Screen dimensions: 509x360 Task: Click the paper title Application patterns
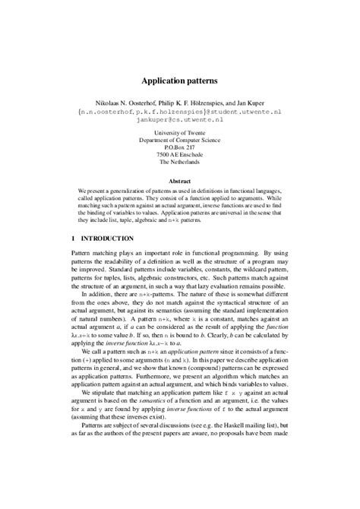pos(180,79)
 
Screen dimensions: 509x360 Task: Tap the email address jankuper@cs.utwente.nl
pos(180,120)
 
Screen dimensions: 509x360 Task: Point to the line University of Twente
pos(180,134)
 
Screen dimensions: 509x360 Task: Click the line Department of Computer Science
pos(180,141)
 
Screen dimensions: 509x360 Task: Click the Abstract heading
pos(180,182)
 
